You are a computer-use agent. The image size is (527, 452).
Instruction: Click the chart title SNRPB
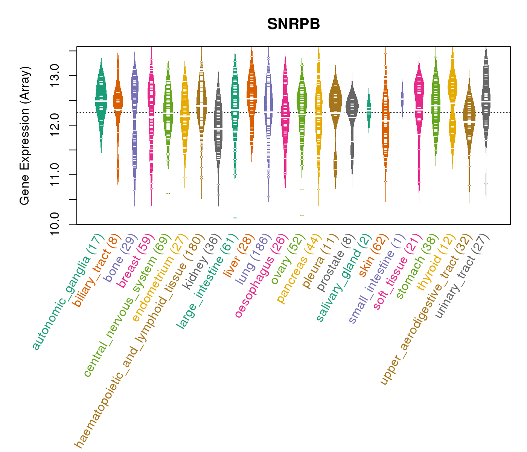[x=293, y=24]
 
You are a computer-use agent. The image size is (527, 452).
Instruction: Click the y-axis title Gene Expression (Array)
[x=25, y=136]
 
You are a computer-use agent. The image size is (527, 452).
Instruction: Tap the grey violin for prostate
[x=352, y=113]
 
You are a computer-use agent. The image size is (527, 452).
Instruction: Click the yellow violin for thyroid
[x=452, y=98]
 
